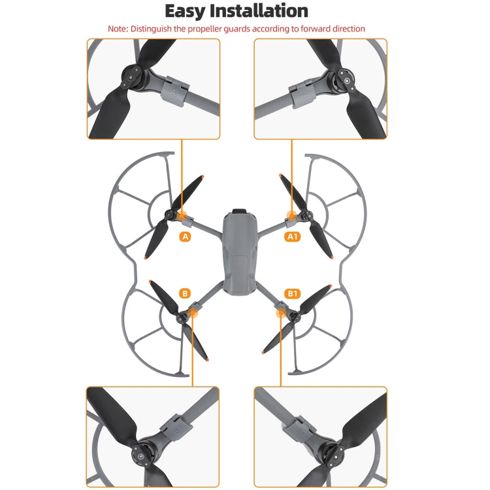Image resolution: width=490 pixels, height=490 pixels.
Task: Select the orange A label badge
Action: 186,237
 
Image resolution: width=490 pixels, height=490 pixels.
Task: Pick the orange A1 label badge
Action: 292,237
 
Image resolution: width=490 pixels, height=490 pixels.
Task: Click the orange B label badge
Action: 186,295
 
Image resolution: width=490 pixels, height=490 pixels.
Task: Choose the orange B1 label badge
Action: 292,295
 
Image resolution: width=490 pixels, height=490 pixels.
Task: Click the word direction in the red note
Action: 346,29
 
